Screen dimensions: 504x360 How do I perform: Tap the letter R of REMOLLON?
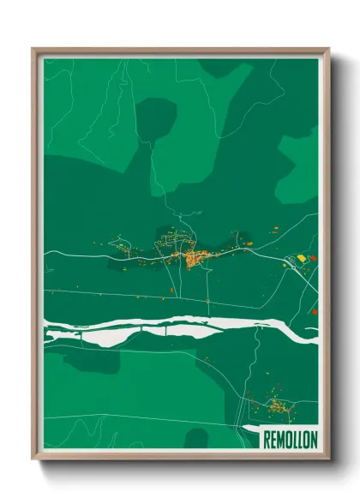click(266, 438)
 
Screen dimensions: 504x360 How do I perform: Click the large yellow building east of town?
click(301, 256)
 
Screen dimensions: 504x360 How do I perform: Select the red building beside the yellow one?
click(311, 258)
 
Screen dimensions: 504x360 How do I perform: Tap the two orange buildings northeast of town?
click(276, 229)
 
